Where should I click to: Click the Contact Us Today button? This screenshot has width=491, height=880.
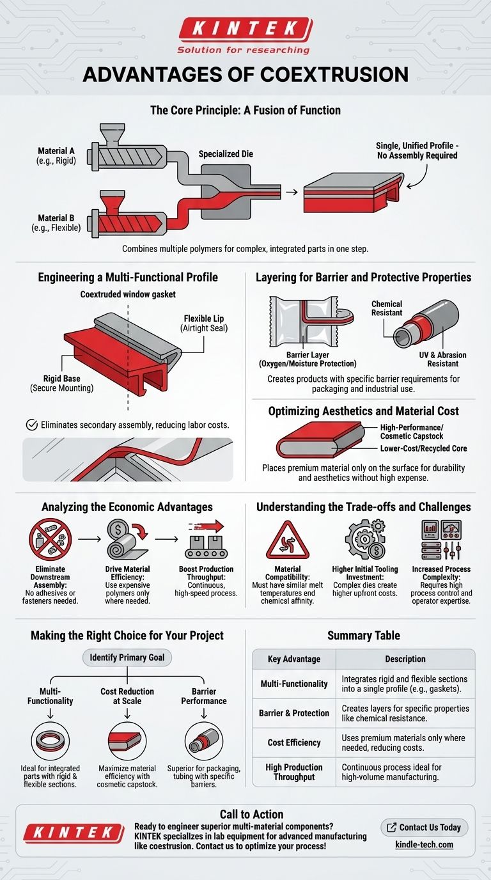point(425,827)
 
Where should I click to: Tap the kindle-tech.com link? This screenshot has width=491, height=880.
point(425,845)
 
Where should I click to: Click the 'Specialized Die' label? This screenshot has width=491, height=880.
point(226,154)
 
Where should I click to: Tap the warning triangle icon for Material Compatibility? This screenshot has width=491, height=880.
point(287,541)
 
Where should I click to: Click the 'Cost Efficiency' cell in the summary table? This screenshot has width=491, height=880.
point(294,742)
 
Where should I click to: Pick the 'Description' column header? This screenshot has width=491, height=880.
point(405,659)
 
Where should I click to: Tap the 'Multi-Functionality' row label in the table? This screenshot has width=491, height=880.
point(294,684)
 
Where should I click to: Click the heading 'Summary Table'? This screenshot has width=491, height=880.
point(363,636)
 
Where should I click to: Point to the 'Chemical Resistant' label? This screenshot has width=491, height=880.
point(387,308)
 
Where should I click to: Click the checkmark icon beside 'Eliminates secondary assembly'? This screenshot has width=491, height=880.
point(30,424)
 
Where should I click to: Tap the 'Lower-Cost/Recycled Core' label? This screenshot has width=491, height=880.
point(423,448)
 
